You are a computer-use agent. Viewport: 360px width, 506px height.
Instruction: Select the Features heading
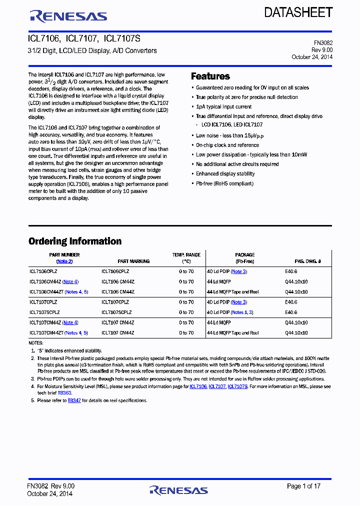point(210,76)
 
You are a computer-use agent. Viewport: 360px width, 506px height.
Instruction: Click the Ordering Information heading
point(75,241)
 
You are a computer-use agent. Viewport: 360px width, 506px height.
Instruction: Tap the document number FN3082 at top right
point(322,43)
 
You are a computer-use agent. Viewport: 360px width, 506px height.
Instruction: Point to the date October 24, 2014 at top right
point(312,57)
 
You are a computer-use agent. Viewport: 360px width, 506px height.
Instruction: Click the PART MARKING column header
point(133,261)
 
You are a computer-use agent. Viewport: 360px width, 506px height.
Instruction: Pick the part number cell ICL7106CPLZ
point(43,271)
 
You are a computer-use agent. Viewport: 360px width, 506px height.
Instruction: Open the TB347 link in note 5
point(74,400)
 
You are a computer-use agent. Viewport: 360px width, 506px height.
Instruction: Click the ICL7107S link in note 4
point(237,386)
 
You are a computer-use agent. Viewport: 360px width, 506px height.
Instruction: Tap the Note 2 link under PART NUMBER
point(64,261)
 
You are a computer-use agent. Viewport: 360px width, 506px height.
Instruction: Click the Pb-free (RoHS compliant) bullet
point(224,183)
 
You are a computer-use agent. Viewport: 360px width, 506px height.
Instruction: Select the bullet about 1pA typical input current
point(223,106)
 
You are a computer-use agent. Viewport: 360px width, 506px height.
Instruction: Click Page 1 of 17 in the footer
point(304,486)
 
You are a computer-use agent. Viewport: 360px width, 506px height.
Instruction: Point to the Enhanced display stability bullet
point(225,174)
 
